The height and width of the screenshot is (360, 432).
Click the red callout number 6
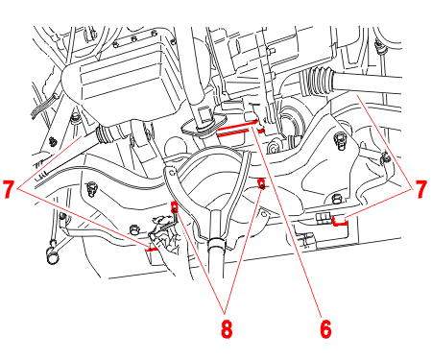325,328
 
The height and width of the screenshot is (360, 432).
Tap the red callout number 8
227,328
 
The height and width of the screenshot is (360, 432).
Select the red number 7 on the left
9,189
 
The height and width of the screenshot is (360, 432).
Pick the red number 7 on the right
420,189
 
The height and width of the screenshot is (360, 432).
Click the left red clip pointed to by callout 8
175,207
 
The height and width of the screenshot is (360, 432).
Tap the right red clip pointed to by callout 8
261,183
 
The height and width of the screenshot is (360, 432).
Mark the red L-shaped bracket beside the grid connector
339,222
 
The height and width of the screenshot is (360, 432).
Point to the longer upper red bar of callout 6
237,126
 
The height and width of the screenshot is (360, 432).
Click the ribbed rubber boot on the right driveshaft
318,81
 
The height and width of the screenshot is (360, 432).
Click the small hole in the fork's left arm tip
172,173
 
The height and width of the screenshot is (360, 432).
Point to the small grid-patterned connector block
323,219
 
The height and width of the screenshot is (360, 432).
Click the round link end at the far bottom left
52,256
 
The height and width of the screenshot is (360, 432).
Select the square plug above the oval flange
204,114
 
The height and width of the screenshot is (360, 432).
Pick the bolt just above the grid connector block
336,200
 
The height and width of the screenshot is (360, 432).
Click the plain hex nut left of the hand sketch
134,229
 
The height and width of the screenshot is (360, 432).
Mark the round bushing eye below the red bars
273,148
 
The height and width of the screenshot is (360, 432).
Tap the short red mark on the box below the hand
151,250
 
